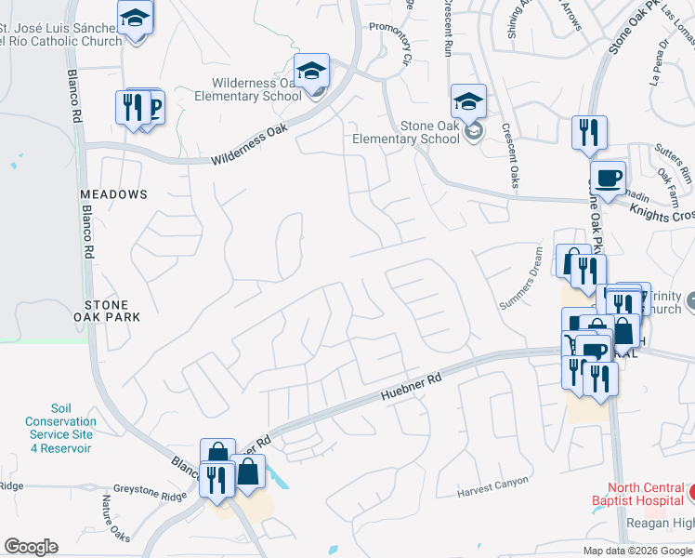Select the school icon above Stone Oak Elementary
pos(468,100)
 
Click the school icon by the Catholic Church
pos(136,18)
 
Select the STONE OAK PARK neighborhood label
pos(112,311)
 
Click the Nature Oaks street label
pos(117,519)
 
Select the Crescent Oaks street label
pos(509,155)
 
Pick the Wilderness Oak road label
pos(250,145)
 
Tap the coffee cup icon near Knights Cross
pos(608,178)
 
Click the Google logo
pos(31,547)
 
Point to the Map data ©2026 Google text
pos(636,551)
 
